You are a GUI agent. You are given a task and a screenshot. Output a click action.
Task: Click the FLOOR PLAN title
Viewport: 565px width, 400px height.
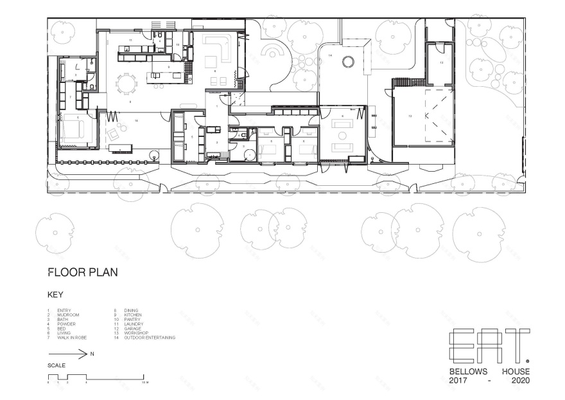83,272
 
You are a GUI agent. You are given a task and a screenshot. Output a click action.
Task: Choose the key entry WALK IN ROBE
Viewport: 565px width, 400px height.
72,337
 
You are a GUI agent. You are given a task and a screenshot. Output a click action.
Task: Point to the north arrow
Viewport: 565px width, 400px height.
67,353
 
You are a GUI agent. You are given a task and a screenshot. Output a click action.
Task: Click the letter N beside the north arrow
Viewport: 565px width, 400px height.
92,354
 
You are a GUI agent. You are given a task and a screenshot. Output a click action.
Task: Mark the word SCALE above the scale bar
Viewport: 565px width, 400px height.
56,365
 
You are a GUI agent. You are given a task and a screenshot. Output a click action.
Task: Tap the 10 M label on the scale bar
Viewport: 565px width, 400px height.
145,382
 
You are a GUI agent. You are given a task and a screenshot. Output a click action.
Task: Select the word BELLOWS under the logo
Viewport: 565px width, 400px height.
469,372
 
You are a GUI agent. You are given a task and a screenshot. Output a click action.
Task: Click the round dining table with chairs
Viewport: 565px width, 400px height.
126,83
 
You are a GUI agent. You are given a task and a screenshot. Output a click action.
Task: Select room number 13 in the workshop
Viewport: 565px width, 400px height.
441,63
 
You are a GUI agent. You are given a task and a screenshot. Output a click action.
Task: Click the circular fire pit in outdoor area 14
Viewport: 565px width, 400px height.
348,62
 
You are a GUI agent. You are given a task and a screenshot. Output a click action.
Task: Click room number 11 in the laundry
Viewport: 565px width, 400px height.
130,41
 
